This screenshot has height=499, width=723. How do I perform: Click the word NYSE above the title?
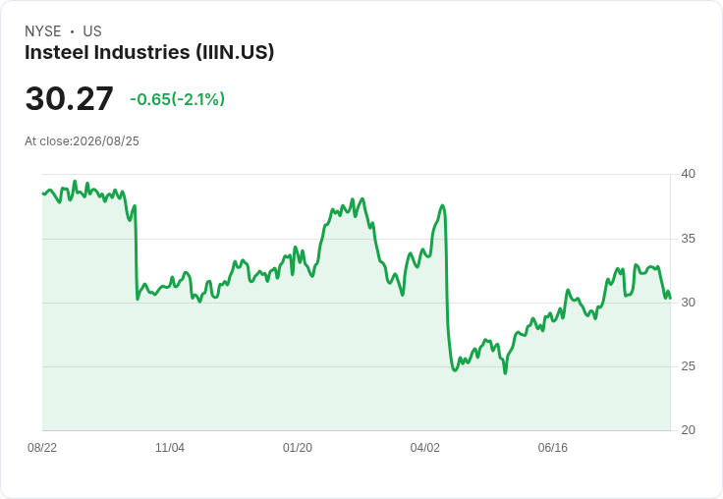[43, 31]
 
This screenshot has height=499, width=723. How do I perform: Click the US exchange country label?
[92, 31]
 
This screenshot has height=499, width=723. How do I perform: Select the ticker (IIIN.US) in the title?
[235, 52]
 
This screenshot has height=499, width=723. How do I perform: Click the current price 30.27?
[69, 98]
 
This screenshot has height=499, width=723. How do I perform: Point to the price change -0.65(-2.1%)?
[178, 99]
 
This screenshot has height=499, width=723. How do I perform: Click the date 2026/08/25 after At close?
[106, 141]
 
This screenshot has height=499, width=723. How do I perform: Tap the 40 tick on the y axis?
[688, 174]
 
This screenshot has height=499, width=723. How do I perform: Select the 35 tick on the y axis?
[688, 239]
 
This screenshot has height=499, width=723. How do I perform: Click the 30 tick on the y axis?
[688, 303]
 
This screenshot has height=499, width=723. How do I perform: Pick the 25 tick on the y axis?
[688, 366]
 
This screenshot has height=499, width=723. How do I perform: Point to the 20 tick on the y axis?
[688, 430]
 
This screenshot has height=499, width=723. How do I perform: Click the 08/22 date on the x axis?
[42, 448]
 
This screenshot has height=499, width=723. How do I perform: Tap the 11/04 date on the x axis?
[170, 448]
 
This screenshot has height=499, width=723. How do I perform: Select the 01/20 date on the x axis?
[298, 448]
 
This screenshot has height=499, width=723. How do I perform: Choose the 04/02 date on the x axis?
[425, 448]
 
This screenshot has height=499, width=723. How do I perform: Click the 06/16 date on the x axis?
[552, 448]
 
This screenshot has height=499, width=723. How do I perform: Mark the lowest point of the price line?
[505, 373]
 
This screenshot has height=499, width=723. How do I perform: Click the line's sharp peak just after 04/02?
[443, 205]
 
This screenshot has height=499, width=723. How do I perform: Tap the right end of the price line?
[670, 298]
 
